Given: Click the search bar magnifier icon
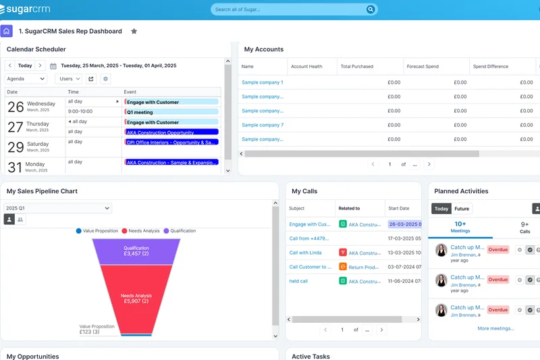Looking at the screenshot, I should coord(370,9).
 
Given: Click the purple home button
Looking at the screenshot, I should coord(6,31).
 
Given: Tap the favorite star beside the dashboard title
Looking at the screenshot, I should coord(134,31).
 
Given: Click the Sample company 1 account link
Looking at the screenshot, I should coord(263,82).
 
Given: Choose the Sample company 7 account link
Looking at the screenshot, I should coord(263,125).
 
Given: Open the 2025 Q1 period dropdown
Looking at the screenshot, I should coord(57,208).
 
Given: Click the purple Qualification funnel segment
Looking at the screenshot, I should coord(136,251).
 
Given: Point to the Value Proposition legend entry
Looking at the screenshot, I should coord(97,231).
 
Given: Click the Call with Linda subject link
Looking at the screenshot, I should coord(305,253).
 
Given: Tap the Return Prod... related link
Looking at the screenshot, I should coord(364,267).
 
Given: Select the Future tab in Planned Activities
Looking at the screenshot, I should coord(462,209).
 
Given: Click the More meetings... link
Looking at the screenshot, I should coord(495,328).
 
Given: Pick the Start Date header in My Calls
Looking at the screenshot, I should coord(399,209).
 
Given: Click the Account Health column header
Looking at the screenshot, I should coord(306,66).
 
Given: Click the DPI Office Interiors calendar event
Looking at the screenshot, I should coord(171,143).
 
